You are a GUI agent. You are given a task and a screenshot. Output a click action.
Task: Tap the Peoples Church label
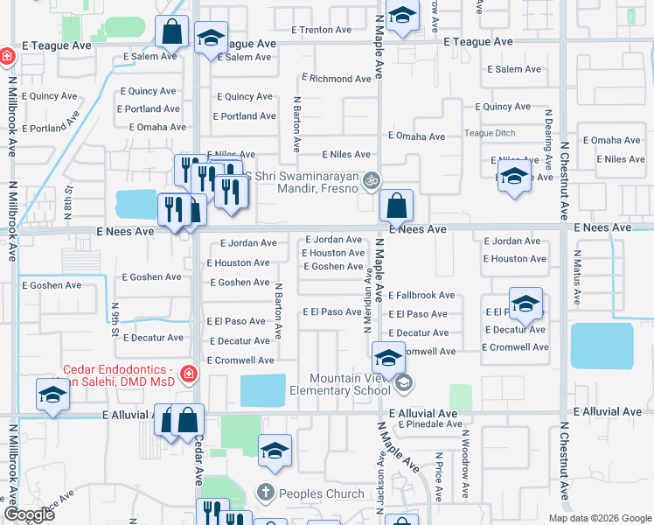click(322, 493)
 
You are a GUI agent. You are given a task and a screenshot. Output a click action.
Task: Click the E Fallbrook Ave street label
click(421, 296)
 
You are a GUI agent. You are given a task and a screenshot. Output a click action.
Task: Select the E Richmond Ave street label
click(336, 79)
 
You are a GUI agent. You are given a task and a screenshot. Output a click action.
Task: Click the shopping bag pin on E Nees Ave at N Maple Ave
click(396, 207)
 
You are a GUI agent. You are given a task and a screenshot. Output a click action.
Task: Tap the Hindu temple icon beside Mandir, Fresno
click(372, 181)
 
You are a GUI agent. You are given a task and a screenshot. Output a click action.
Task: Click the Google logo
click(30, 514)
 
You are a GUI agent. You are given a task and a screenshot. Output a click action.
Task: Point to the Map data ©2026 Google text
click(599, 518)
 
